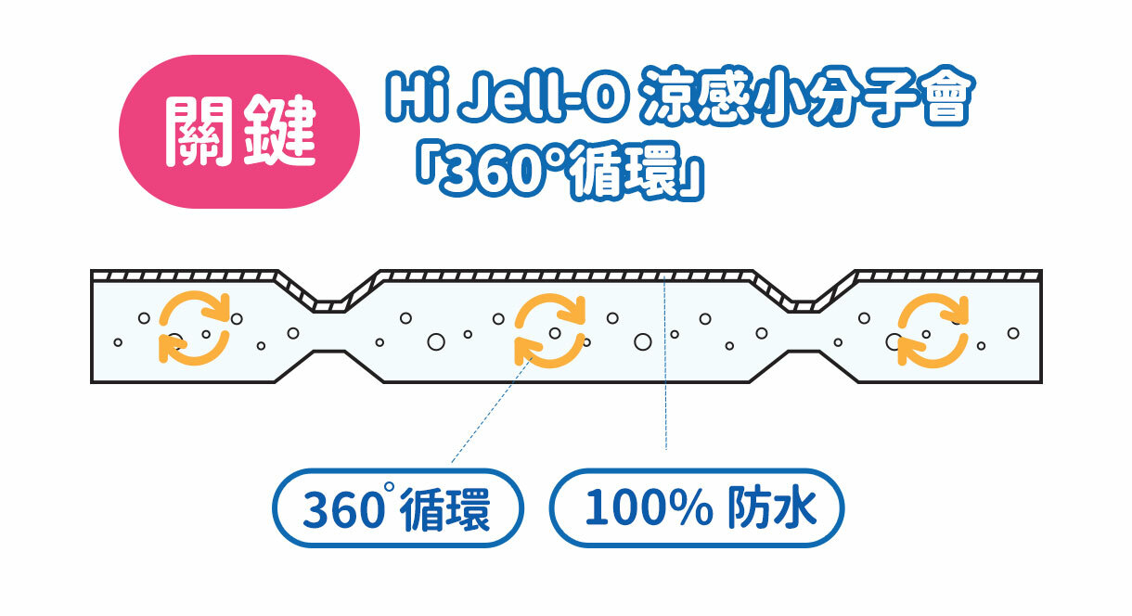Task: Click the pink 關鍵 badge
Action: [x=239, y=132]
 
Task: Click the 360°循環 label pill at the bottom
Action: [x=397, y=508]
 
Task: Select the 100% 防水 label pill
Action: [x=698, y=508]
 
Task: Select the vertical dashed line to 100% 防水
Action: [x=666, y=371]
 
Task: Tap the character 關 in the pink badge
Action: [x=199, y=132]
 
